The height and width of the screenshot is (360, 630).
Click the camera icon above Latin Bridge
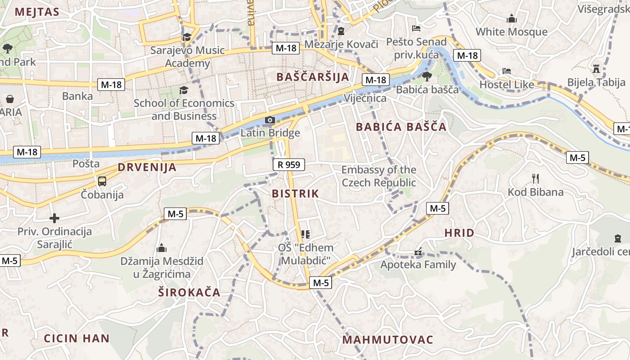click(270, 120)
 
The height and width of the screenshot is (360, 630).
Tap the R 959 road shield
click(289, 165)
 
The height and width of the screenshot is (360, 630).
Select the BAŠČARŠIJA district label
click(313, 77)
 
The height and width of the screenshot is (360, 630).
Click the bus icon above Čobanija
click(102, 181)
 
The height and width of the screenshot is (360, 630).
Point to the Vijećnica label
click(365, 98)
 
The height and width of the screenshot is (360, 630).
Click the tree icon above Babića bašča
click(427, 76)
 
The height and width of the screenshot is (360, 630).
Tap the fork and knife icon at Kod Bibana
click(535, 179)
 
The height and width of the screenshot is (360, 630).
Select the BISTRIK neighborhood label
click(295, 194)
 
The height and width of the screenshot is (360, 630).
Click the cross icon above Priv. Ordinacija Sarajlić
click(54, 219)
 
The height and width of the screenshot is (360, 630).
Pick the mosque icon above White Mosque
click(512, 19)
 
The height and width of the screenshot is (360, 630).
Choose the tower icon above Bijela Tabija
click(597, 69)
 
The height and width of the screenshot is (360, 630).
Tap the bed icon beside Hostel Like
click(507, 71)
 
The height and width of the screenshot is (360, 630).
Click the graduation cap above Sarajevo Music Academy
click(187, 37)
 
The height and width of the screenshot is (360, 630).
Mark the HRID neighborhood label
click(459, 233)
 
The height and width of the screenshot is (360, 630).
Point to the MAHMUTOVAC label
click(388, 340)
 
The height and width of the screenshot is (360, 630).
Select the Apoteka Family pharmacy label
click(418, 265)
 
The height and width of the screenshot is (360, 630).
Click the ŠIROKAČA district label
click(189, 292)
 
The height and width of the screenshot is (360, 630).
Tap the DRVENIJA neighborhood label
click(147, 167)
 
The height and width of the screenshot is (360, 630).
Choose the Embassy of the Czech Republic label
click(379, 176)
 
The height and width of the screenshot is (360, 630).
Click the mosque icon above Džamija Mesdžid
click(162, 248)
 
